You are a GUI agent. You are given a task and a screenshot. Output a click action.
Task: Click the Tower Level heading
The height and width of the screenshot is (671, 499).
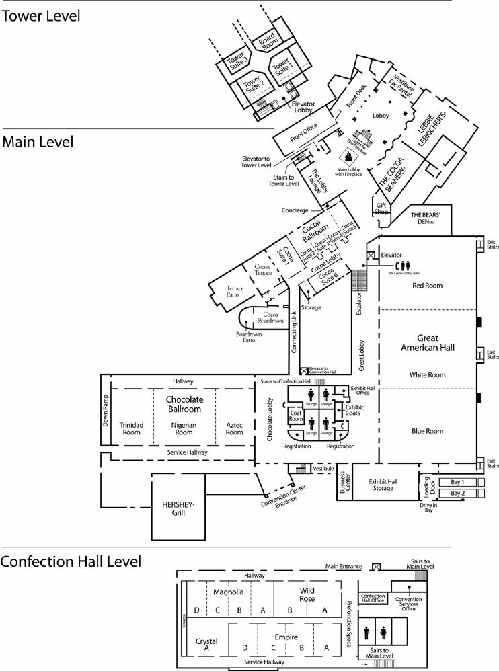click(41, 15)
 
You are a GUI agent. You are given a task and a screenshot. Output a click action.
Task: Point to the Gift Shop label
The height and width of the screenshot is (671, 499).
click(382, 208)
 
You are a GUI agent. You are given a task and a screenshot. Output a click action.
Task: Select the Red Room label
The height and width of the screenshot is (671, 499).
click(428, 286)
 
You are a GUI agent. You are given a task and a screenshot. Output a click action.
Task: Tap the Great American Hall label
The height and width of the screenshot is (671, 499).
click(428, 342)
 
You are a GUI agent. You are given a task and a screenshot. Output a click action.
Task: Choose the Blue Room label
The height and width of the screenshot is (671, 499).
click(428, 431)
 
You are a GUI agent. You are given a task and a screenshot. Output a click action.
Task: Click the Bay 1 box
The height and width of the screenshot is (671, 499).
click(458, 482)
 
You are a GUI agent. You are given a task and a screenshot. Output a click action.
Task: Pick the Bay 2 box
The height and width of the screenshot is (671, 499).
click(458, 494)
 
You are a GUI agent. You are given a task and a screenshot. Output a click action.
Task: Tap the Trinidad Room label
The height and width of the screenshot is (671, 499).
click(132, 428)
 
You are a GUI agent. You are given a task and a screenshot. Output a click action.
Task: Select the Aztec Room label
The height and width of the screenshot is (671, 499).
click(234, 428)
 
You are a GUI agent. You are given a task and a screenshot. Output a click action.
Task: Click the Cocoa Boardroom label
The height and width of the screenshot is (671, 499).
click(271, 317)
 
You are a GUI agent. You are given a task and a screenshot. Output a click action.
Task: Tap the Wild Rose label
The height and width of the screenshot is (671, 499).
click(307, 594)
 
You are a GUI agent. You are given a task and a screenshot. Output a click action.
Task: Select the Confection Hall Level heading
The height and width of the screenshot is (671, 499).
click(71, 561)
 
